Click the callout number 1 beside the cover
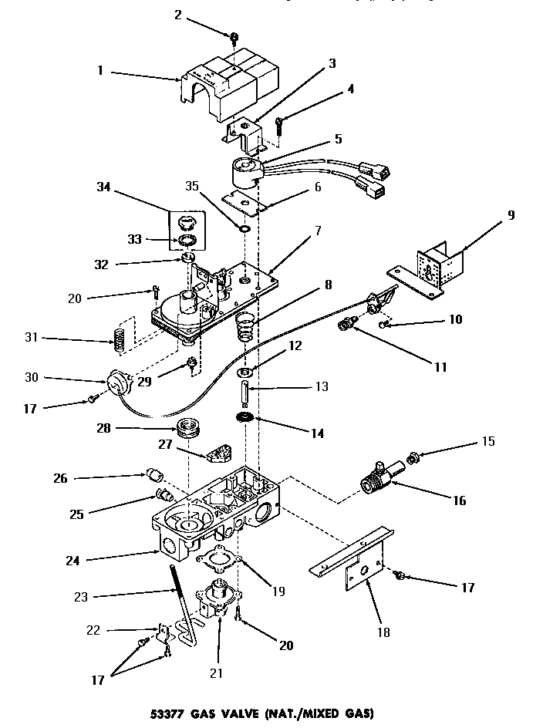pyautogui.click(x=99, y=72)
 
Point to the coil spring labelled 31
pyautogui.click(x=120, y=336)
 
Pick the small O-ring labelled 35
pyautogui.click(x=244, y=229)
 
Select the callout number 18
pyautogui.click(x=384, y=632)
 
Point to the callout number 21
pyautogui.click(x=216, y=673)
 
